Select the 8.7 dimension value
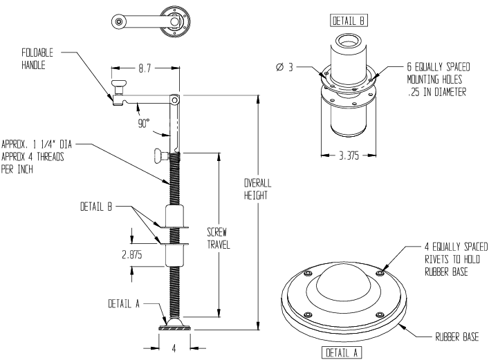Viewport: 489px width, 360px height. coord(145,70)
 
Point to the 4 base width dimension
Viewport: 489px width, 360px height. coord(174,349)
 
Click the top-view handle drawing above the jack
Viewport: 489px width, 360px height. coord(149,21)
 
